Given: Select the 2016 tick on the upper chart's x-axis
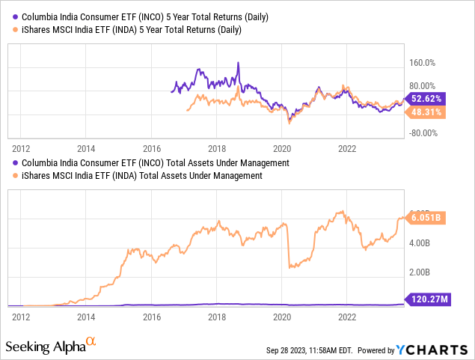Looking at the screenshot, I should [152, 148].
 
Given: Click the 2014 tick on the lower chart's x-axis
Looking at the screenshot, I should [86, 317].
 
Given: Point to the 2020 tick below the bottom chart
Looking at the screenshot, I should [282, 317].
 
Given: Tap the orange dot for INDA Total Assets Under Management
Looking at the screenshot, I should [16, 176].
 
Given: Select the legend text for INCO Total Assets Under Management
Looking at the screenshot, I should [156, 162].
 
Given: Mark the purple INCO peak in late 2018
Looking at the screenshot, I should [239, 63].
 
